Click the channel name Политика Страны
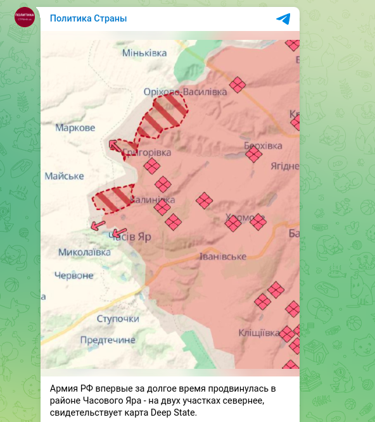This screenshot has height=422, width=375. tap(88, 18)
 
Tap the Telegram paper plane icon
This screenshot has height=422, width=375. tap(283, 18)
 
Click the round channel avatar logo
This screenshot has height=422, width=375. tap(25, 17)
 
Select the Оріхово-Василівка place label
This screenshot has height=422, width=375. tap(185, 92)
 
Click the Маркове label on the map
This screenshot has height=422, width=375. tap(75, 128)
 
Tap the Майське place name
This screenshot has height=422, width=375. tap(65, 176)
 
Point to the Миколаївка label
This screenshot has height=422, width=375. tap(84, 252)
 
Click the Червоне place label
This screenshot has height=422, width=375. tap(74, 275)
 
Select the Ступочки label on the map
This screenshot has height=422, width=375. tap(118, 318)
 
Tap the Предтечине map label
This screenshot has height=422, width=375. tap(108, 340)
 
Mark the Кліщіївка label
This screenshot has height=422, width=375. tap(259, 333)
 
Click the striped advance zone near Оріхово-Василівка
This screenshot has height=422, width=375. tap(162, 115)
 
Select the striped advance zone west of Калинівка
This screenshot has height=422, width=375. tap(113, 199)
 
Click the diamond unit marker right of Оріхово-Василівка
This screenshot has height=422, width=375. tap(238, 85)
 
